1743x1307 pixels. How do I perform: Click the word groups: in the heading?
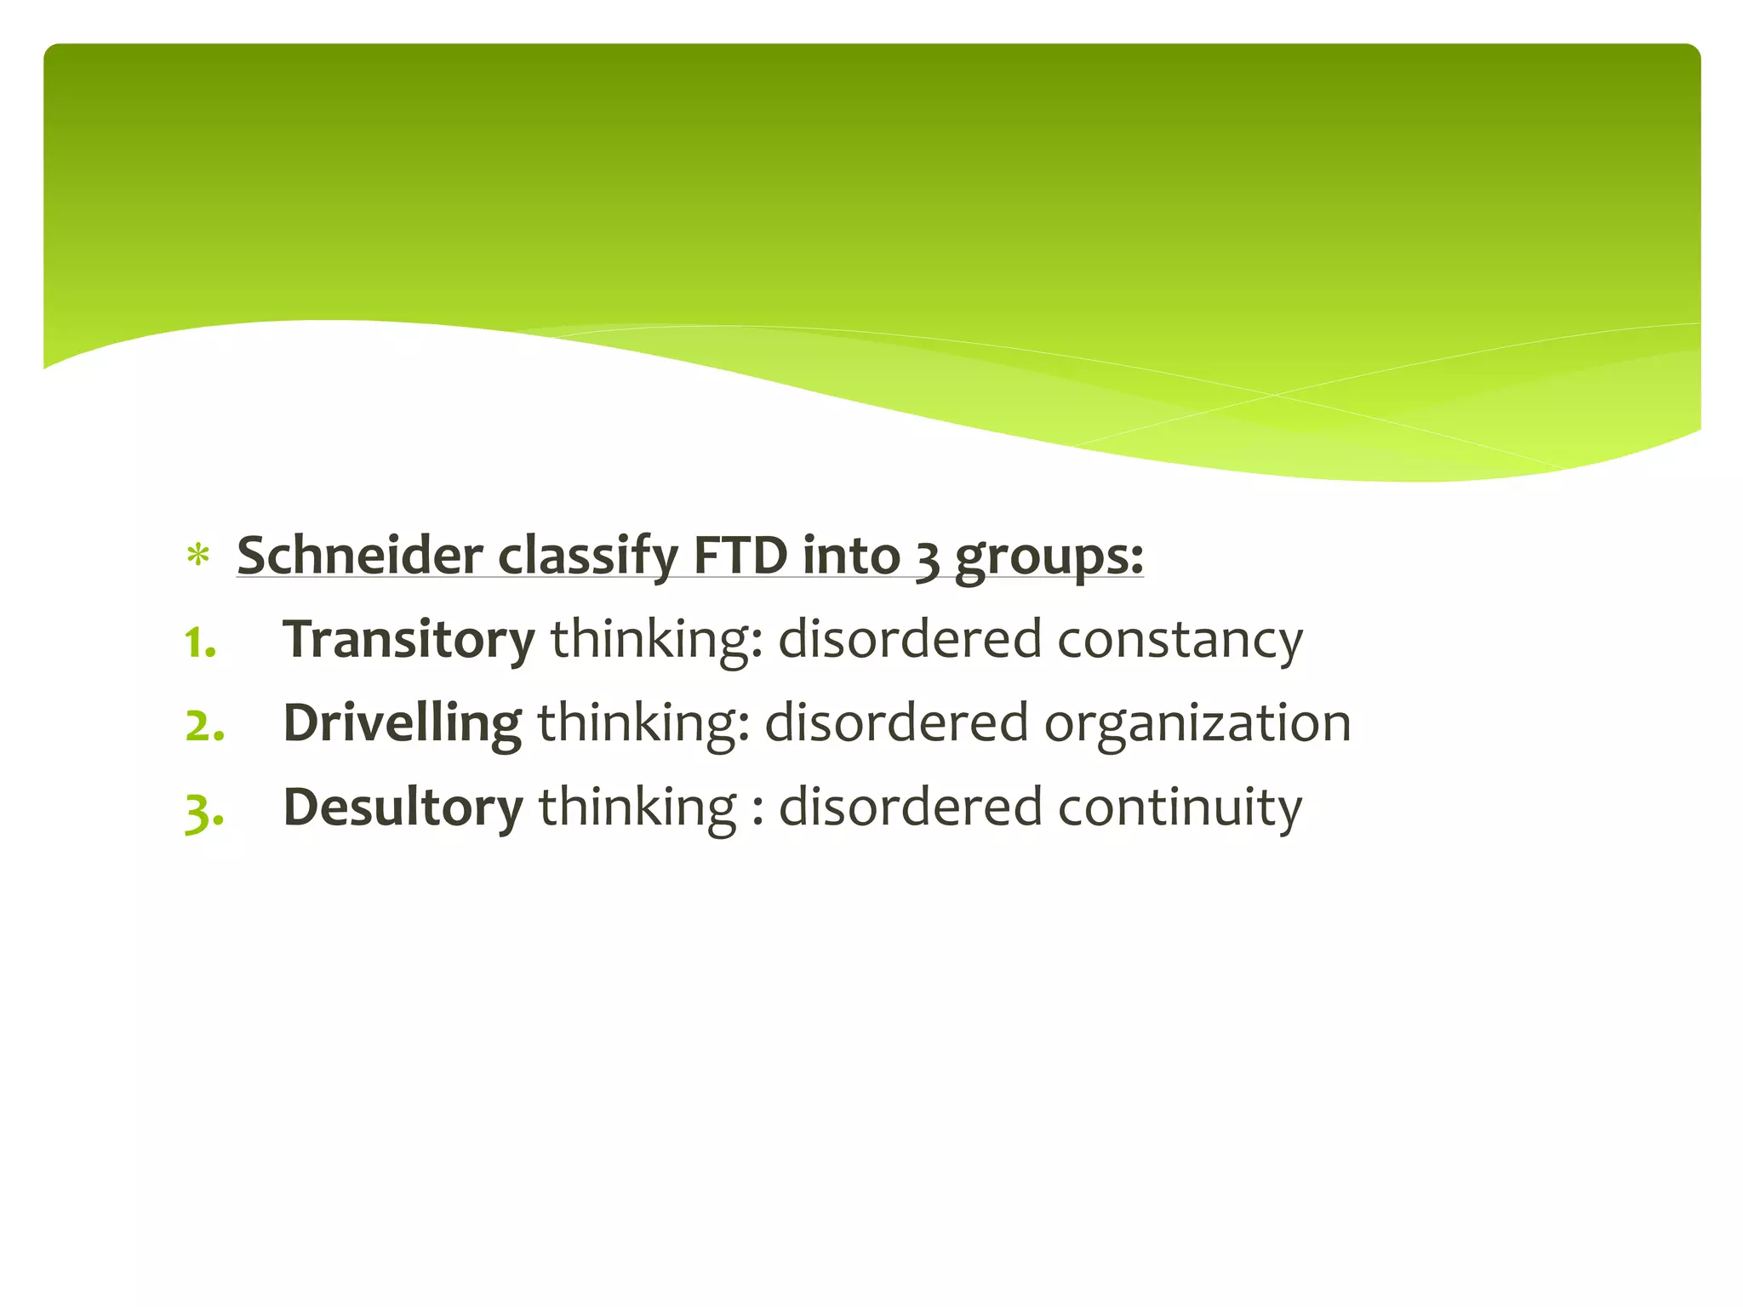[1049, 559]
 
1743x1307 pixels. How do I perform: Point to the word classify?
[588, 557]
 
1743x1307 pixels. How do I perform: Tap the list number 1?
[201, 642]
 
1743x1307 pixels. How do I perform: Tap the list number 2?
[204, 725]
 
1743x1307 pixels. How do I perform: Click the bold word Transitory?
[409, 639]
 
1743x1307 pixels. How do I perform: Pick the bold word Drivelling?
[402, 723]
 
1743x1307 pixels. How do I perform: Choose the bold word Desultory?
[403, 807]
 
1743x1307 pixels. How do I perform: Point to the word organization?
[1197, 724]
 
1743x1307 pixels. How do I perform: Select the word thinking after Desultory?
[637, 808]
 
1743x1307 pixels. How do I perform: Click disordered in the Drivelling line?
[896, 723]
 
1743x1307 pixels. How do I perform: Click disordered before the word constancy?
[910, 640]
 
